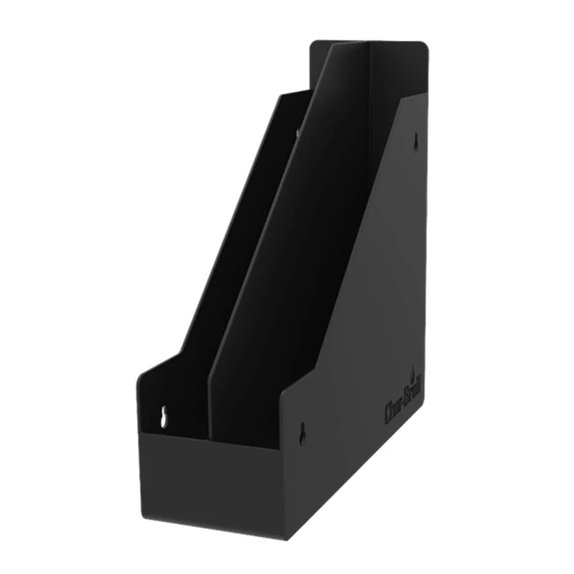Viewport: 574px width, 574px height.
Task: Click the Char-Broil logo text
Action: click(404, 397)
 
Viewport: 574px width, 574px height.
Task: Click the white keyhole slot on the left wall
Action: click(164, 418)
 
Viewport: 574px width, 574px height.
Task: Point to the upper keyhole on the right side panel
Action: click(415, 142)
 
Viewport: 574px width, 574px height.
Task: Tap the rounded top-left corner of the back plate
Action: click(314, 44)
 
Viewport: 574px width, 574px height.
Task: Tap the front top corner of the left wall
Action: click(141, 373)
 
